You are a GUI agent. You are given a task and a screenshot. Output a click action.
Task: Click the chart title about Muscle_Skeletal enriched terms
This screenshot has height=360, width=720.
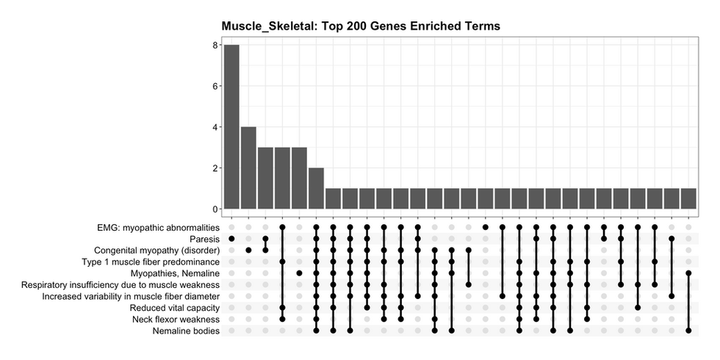[x=361, y=26]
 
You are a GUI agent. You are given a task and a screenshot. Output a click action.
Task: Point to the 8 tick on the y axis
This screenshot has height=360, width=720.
[x=215, y=45]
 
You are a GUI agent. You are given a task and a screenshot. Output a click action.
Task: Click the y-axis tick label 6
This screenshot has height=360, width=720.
[x=215, y=86]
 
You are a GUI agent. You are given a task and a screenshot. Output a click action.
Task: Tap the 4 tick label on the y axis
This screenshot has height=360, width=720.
[x=215, y=127]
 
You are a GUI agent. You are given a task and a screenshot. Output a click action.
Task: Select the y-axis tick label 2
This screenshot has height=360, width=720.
[x=215, y=168]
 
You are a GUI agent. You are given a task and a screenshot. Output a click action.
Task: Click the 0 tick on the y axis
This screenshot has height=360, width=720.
[x=215, y=209]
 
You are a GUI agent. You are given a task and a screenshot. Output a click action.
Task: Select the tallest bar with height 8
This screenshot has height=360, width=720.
[x=231, y=127]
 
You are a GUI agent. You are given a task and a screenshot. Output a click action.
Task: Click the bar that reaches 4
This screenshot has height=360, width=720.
[x=248, y=168]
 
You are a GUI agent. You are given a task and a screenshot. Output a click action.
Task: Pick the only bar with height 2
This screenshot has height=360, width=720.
[x=316, y=189]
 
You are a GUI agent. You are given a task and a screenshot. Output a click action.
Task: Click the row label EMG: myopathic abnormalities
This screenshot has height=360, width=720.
[x=148, y=227]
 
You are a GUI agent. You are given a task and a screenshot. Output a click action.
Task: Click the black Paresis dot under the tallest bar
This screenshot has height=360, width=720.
[x=231, y=239]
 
